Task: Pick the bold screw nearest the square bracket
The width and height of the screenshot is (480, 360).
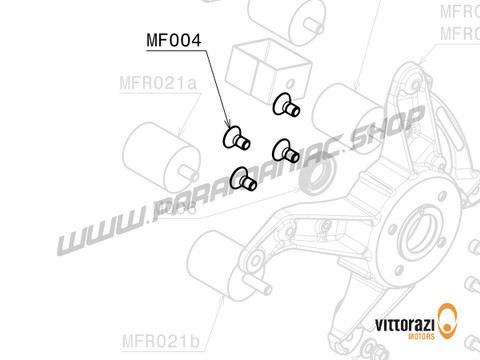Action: (285, 104)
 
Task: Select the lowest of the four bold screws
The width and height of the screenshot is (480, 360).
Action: (243, 180)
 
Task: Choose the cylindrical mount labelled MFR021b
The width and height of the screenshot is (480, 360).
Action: (223, 264)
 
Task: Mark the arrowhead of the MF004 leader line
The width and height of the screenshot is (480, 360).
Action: (228, 127)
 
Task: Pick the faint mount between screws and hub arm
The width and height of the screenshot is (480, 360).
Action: (344, 113)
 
